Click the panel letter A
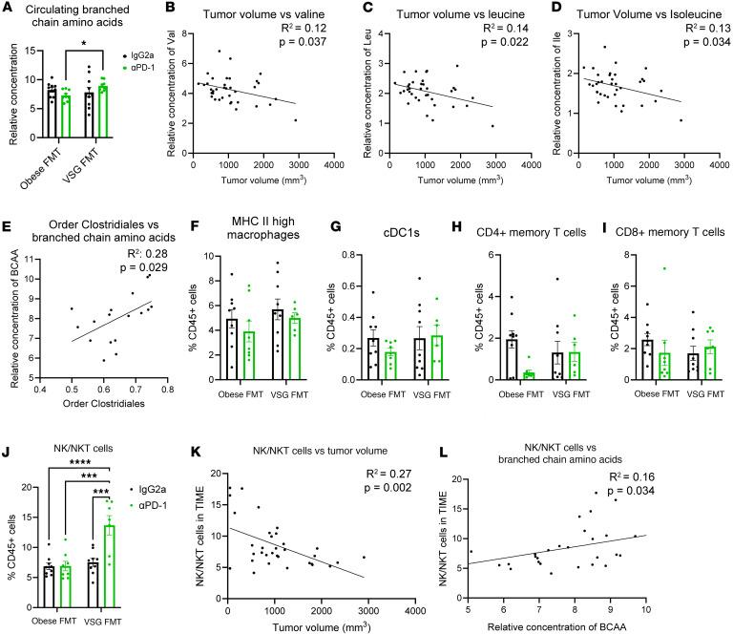[9, 9]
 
